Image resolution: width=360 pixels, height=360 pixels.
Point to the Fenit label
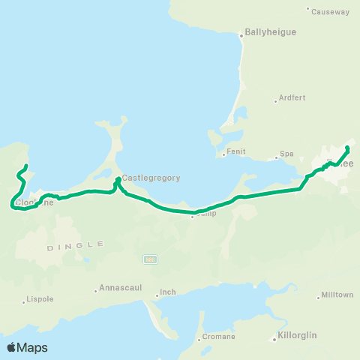click(236, 151)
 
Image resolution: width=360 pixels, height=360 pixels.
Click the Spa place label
click(286, 154)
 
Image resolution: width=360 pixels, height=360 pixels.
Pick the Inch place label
click(168, 292)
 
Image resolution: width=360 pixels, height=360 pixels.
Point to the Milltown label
click(337, 295)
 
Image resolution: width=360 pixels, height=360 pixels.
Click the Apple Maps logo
click(27, 347)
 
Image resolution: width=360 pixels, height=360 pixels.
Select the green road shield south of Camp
click(150, 259)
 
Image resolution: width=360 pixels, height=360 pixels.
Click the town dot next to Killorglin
click(274, 339)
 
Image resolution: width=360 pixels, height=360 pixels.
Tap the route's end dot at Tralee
click(347, 148)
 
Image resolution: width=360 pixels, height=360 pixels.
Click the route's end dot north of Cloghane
click(26, 166)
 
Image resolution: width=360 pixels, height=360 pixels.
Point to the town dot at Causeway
click(307, 8)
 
